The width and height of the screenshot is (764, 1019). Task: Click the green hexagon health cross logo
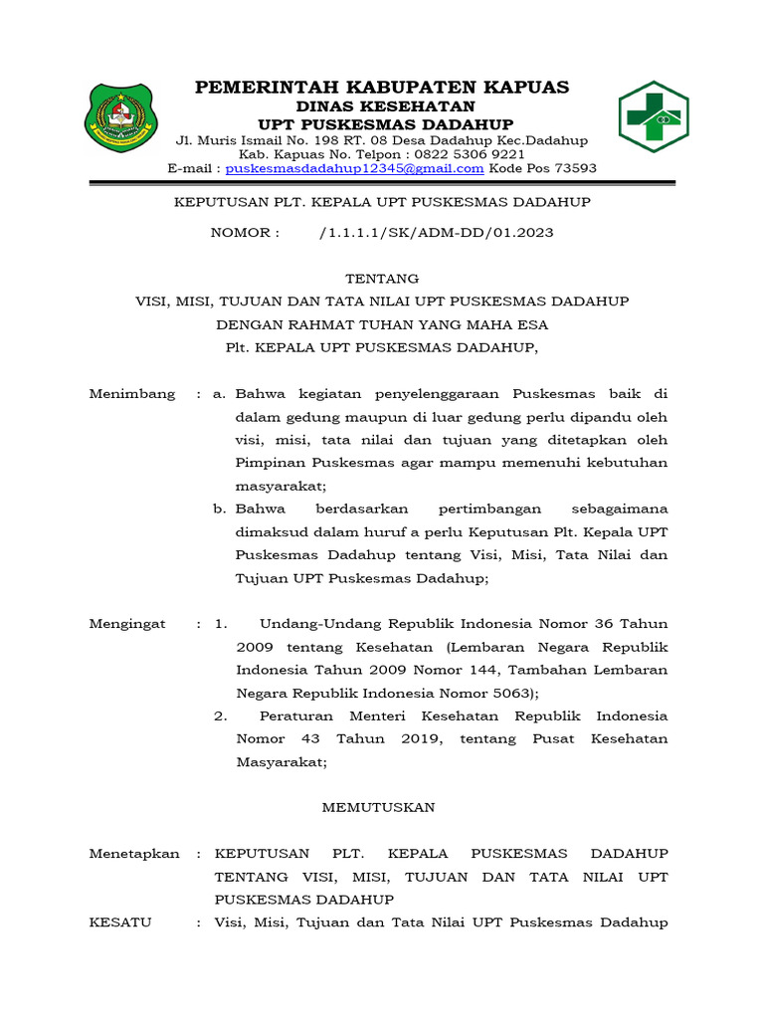click(654, 117)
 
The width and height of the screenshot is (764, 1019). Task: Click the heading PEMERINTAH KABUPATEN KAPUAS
click(382, 88)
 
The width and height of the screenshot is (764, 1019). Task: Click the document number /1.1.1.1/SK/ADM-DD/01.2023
click(437, 233)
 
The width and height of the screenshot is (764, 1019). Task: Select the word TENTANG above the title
click(382, 279)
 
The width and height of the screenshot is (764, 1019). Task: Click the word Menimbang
click(132, 394)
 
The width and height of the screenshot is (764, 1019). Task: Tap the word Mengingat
click(129, 624)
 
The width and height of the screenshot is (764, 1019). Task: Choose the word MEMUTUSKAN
click(378, 808)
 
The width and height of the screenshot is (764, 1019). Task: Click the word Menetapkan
click(134, 854)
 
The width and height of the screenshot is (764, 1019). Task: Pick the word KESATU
click(120, 922)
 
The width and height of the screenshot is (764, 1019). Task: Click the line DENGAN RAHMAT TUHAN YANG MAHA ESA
click(382, 324)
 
